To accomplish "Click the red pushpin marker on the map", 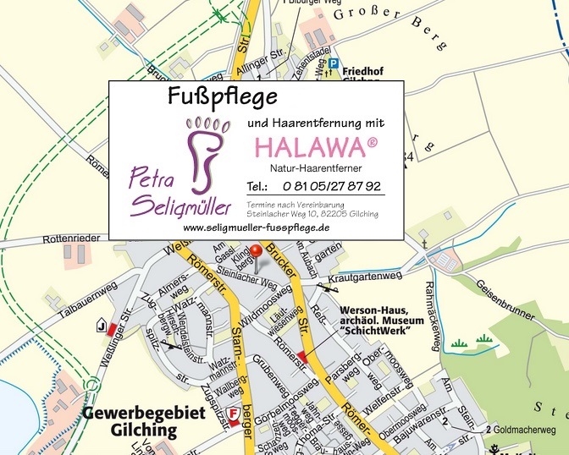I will click(257, 251).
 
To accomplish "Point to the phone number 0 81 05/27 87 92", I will click(332, 186).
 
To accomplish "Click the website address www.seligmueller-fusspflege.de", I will click(256, 228).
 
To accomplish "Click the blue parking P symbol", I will click(334, 63).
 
